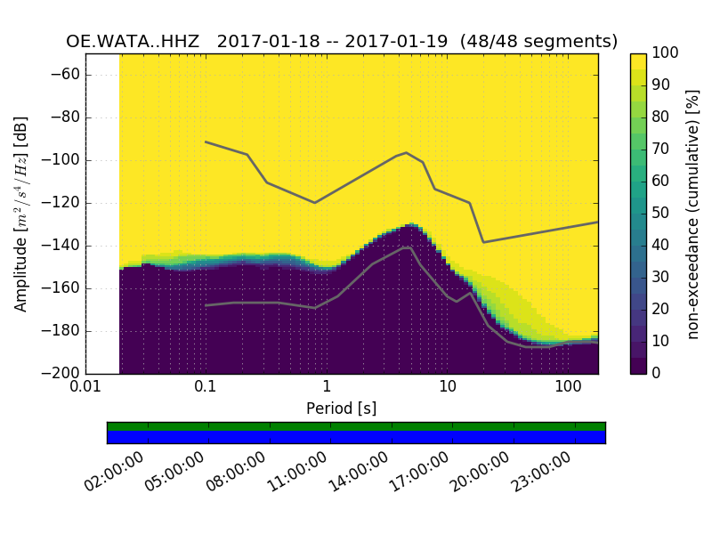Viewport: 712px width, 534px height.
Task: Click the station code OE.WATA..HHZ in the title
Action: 135,42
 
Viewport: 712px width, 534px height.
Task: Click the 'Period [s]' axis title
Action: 342,409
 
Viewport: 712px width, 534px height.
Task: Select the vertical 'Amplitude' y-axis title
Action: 21,214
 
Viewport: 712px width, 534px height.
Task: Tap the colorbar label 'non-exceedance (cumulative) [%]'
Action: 693,214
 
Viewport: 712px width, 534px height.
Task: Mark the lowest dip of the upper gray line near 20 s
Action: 483,242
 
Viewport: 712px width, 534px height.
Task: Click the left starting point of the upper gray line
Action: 206,142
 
